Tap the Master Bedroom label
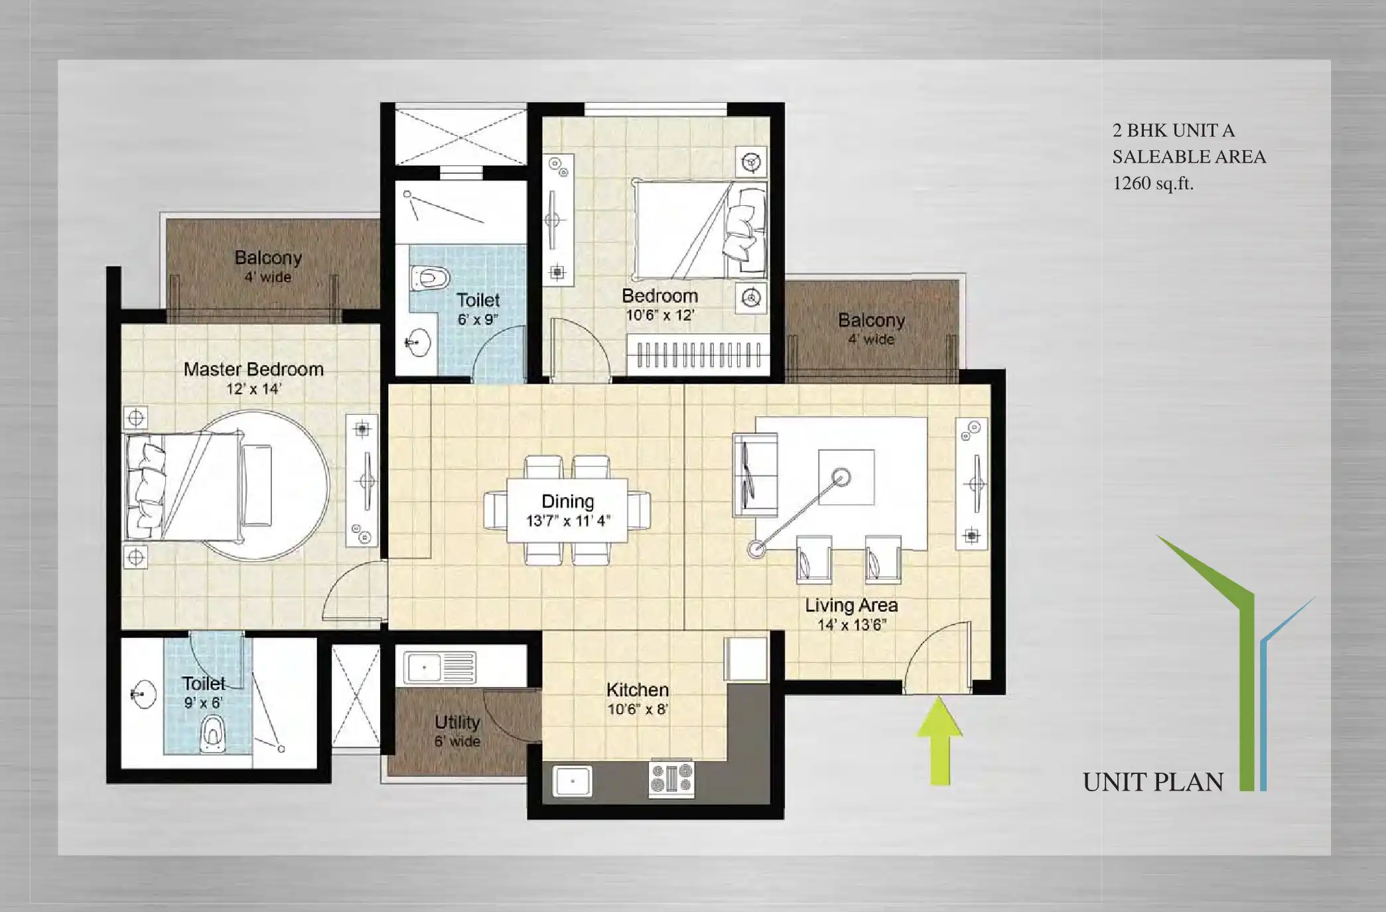[x=253, y=369]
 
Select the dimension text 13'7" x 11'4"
[x=568, y=521]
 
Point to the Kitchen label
[x=638, y=690]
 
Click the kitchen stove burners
[x=671, y=778]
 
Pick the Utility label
[x=457, y=722]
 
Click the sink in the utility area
[x=440, y=667]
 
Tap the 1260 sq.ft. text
[x=1153, y=184]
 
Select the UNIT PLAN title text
[x=1153, y=782]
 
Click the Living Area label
[x=851, y=605]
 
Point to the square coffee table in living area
[x=846, y=477]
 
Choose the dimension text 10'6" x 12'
[x=660, y=315]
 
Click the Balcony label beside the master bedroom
[x=268, y=258]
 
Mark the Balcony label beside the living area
[x=871, y=320]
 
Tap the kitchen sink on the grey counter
[x=572, y=782]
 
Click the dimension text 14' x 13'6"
[x=852, y=625]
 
